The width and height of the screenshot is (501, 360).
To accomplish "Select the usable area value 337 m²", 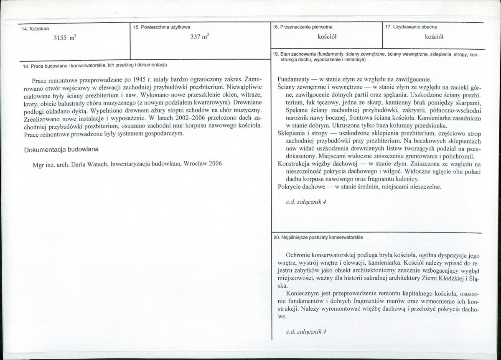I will [x=199, y=37].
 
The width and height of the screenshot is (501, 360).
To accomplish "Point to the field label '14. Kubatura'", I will [x=36, y=28].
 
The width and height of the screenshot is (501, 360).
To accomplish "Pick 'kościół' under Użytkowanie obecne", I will [x=433, y=37].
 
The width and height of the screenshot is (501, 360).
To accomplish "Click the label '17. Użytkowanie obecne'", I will [x=410, y=27].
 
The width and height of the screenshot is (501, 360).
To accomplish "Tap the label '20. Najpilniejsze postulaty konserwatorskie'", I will [x=318, y=237].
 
